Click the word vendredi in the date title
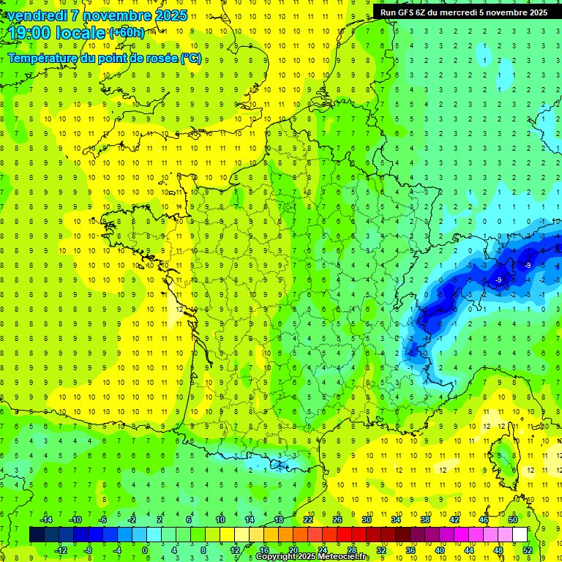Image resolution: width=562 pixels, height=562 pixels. tap(35, 15)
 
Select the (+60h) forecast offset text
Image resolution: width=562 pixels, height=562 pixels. tap(127, 33)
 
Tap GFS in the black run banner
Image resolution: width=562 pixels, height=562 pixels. tap(406, 12)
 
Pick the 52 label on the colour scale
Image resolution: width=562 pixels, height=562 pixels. tap(527, 550)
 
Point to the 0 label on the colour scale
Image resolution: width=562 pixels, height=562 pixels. tap(145, 550)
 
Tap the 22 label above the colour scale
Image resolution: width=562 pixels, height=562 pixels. tap(308, 519)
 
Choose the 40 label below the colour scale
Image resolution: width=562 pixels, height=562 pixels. tap(440, 550)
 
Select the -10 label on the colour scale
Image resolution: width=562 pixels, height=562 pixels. tap(75, 519)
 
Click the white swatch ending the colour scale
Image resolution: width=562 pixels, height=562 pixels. tap(520, 535)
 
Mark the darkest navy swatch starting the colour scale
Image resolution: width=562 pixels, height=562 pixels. tap(37, 535)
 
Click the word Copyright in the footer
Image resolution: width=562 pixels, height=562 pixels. tap(276, 557)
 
